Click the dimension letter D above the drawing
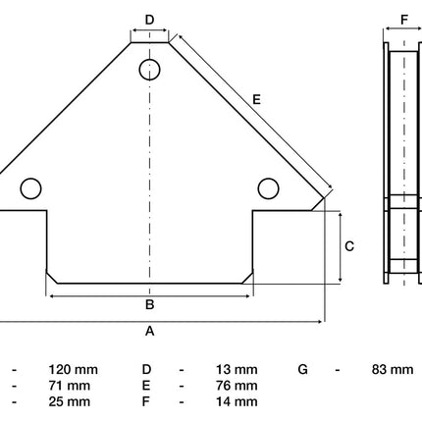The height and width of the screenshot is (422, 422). pyautogui.click(x=149, y=20)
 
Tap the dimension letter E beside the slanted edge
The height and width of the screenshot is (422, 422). pyautogui.click(x=257, y=99)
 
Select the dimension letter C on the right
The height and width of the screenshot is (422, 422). pyautogui.click(x=349, y=246)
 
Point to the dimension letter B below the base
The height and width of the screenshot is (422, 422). pyautogui.click(x=149, y=304)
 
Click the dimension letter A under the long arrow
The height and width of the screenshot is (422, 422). pyautogui.click(x=149, y=331)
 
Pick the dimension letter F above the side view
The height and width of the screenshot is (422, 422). pyautogui.click(x=404, y=20)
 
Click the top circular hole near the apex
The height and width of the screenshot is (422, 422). pyautogui.click(x=149, y=70)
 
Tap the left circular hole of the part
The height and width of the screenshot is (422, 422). pyautogui.click(x=30, y=188)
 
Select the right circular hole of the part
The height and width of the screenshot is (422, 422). pyautogui.click(x=268, y=188)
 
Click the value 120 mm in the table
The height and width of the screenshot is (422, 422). pyautogui.click(x=74, y=370)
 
